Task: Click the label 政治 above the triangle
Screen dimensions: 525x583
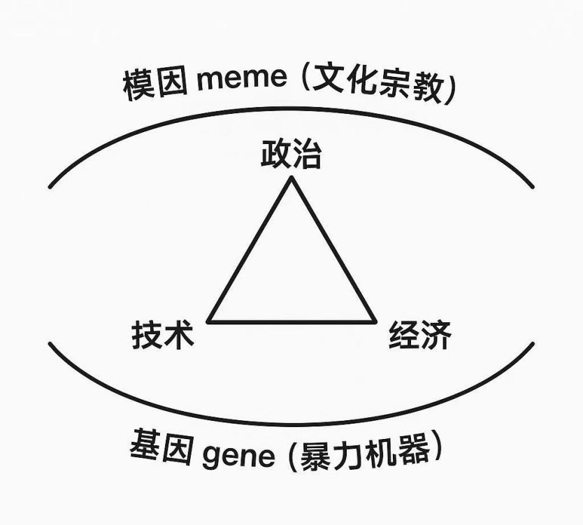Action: (291, 154)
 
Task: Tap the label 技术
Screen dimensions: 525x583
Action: (162, 336)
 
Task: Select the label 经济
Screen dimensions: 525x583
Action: (419, 336)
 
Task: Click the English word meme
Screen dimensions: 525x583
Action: (242, 79)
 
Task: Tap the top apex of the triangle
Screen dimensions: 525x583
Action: (291, 178)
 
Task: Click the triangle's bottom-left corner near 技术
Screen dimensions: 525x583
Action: (209, 322)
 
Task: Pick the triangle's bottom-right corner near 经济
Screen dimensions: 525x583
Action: (375, 322)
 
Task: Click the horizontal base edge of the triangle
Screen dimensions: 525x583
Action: (292, 322)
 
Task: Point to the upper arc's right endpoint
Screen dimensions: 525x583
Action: (533, 187)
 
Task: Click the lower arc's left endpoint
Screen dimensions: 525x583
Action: (50, 343)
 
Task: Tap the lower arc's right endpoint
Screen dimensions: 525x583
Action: (533, 343)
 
